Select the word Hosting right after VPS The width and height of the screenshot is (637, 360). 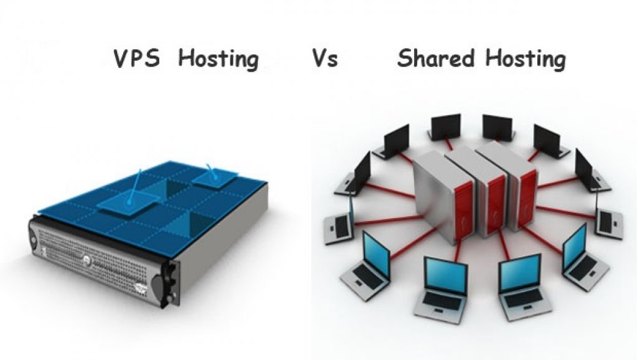(x=218, y=59)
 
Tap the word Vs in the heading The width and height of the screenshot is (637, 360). (x=324, y=59)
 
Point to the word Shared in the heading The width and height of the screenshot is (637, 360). (x=437, y=59)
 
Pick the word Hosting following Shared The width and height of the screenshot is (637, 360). (x=526, y=59)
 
